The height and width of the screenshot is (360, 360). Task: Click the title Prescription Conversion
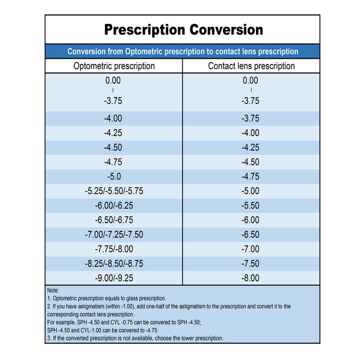click(183, 30)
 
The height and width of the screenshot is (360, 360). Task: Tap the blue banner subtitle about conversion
click(183, 51)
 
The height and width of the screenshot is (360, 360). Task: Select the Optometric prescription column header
click(114, 66)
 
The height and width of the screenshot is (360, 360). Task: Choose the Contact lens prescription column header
click(251, 66)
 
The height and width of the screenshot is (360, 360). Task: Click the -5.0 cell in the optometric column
click(113, 176)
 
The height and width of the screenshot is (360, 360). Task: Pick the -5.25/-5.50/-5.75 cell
click(114, 191)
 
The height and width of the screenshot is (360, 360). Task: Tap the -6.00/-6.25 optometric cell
click(114, 205)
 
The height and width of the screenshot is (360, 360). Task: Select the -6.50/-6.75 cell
click(114, 220)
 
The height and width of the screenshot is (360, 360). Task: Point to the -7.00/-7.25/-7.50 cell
click(114, 234)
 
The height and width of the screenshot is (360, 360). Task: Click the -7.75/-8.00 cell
click(114, 249)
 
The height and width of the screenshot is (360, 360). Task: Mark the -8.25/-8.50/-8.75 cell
click(114, 264)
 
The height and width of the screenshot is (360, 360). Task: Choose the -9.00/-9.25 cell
click(114, 278)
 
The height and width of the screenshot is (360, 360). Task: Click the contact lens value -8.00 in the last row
click(251, 278)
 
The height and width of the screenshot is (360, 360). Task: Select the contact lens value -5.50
click(251, 205)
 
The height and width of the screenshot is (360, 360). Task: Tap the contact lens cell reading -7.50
click(251, 264)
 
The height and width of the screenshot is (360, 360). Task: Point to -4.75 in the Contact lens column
click(251, 176)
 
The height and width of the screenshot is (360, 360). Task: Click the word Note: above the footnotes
click(53, 291)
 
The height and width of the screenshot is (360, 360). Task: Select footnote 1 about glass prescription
click(107, 298)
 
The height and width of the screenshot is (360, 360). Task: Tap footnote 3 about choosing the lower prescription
click(135, 338)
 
